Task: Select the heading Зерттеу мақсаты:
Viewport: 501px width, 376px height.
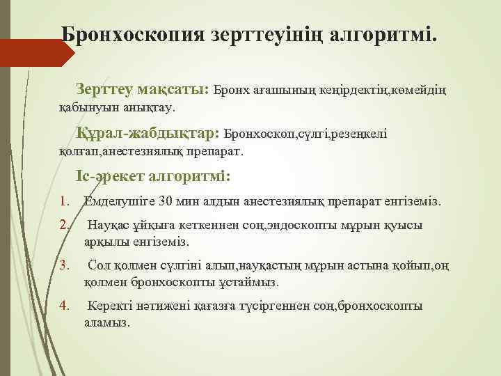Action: (x=145, y=90)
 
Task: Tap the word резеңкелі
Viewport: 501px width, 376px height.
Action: (x=359, y=133)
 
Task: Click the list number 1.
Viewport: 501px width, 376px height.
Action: (x=65, y=201)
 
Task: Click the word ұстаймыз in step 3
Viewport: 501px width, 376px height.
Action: (x=248, y=282)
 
